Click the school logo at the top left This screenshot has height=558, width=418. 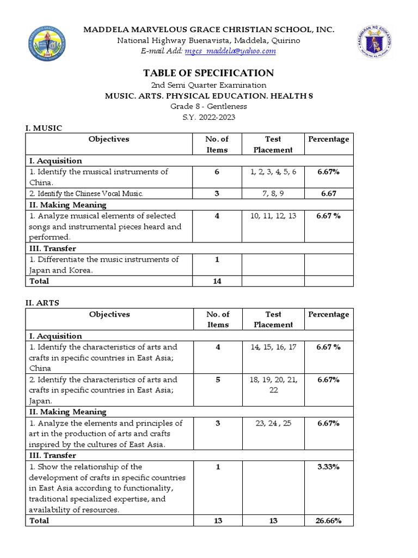point(46,44)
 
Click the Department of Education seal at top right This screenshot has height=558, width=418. point(375,43)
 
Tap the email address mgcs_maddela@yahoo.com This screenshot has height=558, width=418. point(230,51)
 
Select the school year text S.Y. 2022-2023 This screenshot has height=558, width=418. point(209,117)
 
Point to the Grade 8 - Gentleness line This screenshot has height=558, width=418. point(209,106)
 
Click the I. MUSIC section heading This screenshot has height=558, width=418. point(44,128)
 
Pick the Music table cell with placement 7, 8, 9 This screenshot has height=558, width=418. point(273,193)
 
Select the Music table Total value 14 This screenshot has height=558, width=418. point(217,281)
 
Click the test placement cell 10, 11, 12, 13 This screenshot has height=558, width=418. point(273,216)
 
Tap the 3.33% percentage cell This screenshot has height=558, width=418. point(328,467)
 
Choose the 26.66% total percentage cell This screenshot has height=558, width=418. point(328,521)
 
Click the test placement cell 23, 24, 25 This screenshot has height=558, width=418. point(273,423)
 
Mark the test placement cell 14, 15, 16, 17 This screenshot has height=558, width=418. point(273,347)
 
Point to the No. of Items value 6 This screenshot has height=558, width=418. point(217,172)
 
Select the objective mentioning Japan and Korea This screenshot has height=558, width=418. point(103,265)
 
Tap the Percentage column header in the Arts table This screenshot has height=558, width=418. point(328,314)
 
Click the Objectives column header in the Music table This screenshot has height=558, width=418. point(109,139)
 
